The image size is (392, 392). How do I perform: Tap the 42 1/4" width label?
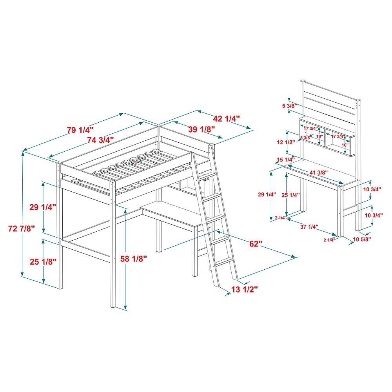[226, 118]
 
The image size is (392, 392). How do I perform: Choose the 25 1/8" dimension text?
[44, 261]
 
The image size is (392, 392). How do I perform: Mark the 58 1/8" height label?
[134, 258]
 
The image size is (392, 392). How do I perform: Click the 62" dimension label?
[255, 244]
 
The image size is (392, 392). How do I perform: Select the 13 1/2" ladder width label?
[244, 289]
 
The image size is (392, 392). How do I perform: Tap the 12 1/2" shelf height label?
[285, 143]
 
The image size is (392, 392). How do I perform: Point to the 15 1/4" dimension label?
[285, 160]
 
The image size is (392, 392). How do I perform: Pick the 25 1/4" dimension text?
[290, 195]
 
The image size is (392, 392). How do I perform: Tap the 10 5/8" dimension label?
[362, 239]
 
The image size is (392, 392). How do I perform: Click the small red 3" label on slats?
[136, 162]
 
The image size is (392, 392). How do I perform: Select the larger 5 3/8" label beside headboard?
[288, 106]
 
